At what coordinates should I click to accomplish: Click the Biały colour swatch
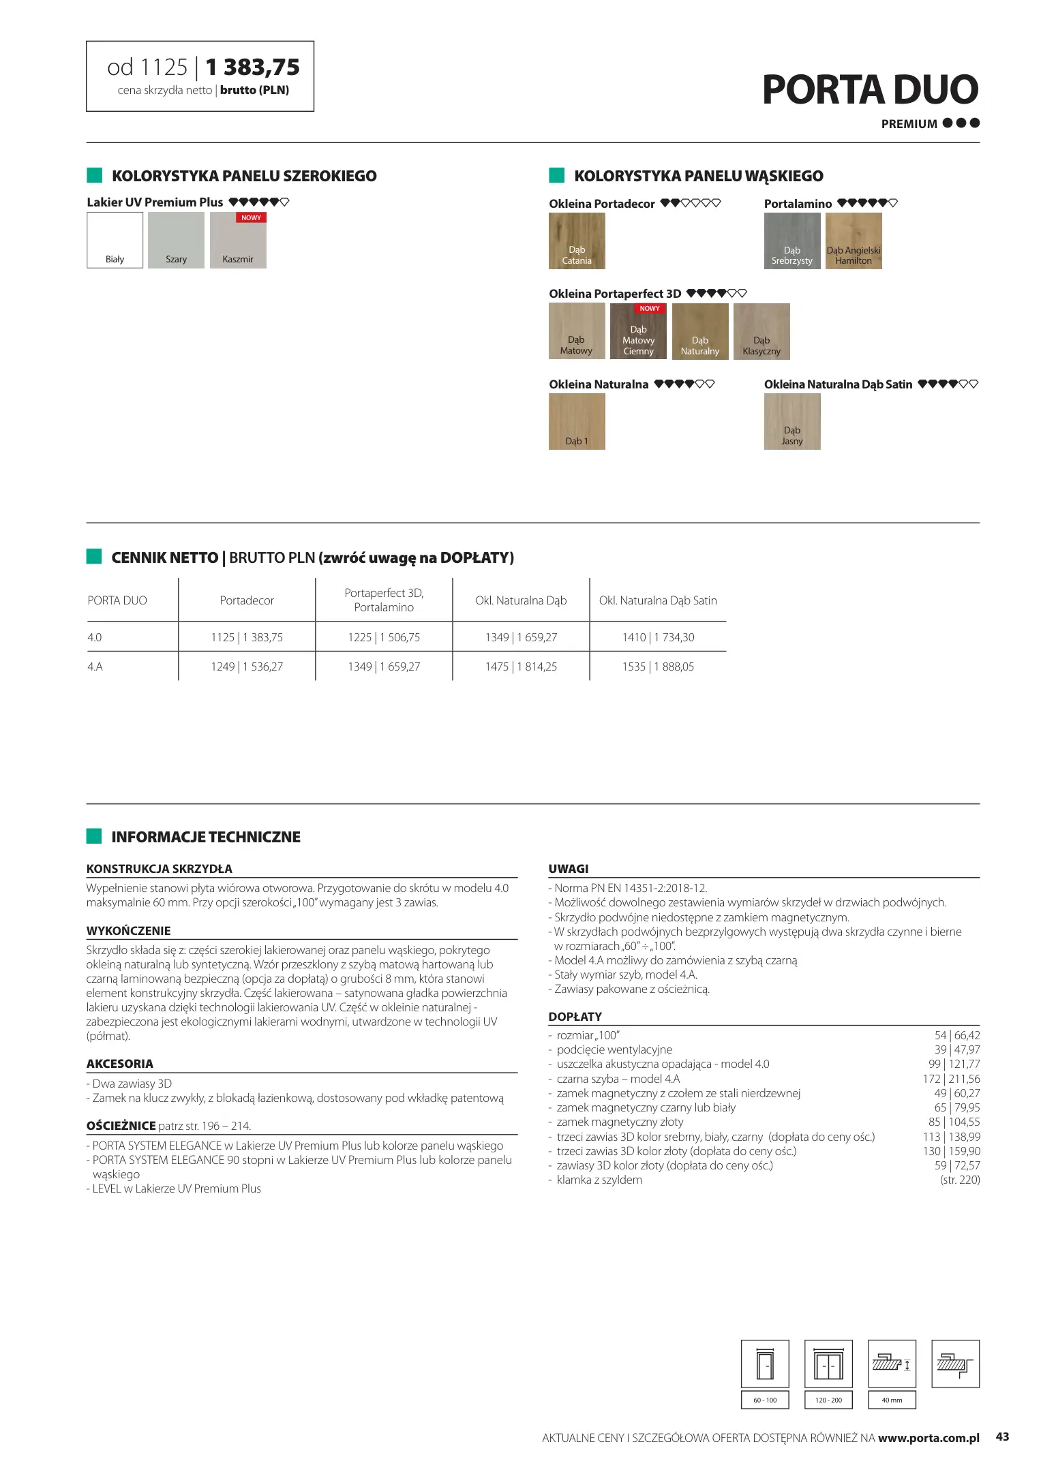pos(115,240)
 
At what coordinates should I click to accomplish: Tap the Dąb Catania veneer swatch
pos(577,241)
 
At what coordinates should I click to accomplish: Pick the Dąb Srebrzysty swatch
pos(791,241)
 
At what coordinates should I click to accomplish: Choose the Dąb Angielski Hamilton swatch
pos(854,241)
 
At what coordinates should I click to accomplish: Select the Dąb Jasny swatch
pos(791,421)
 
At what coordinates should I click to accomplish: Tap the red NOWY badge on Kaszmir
pos(251,218)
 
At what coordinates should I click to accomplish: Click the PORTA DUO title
pos(870,90)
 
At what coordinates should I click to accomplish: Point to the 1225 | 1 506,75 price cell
pos(384,637)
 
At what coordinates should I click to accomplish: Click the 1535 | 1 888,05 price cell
pos(658,666)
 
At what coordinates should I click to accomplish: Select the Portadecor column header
pos(247,600)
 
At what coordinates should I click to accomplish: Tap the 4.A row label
pos(95,666)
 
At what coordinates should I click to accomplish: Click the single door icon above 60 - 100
pos(765,1364)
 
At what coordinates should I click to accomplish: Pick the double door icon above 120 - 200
pos(828,1364)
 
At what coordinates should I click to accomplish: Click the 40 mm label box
pos(892,1400)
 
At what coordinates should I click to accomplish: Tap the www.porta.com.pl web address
pos(929,1438)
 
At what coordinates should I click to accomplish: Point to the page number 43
pos(1002,1437)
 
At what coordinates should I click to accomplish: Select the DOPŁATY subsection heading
pos(575,1017)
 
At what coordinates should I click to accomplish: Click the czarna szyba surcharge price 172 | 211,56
pos(951,1079)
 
